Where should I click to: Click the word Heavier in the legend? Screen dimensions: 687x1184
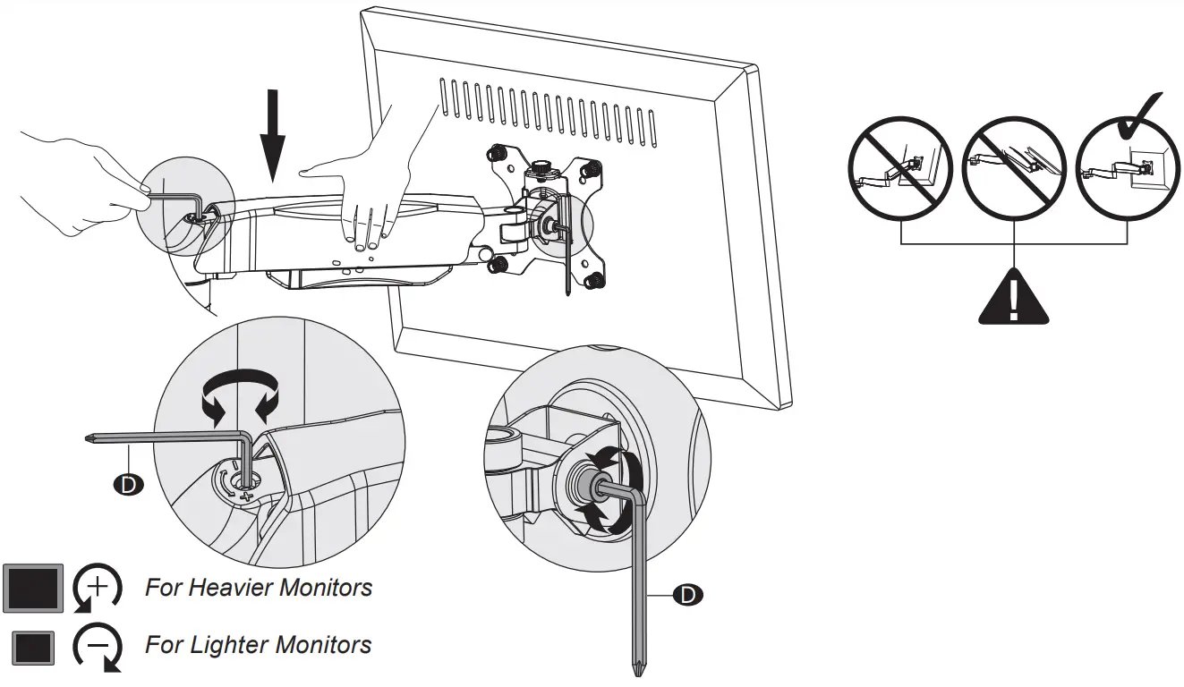coord(234,588)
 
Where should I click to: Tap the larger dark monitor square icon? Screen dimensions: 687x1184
coord(33,588)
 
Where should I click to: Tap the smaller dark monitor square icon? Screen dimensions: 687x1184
coord(34,647)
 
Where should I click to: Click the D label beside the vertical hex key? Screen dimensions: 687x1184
coord(687,594)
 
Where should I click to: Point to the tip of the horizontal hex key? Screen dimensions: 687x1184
coord(86,437)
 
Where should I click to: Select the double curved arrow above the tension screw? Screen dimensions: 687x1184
coord(240,397)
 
